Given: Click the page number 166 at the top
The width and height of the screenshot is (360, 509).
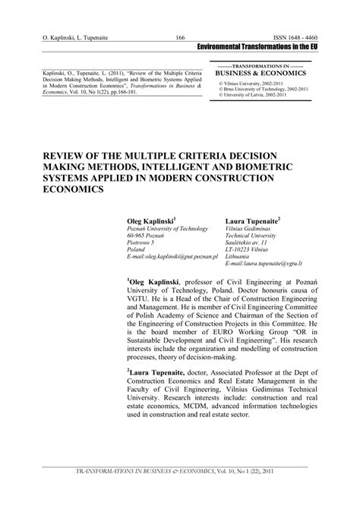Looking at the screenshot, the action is [181, 37].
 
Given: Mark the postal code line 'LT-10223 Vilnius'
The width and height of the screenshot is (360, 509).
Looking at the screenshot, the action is [248, 250].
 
